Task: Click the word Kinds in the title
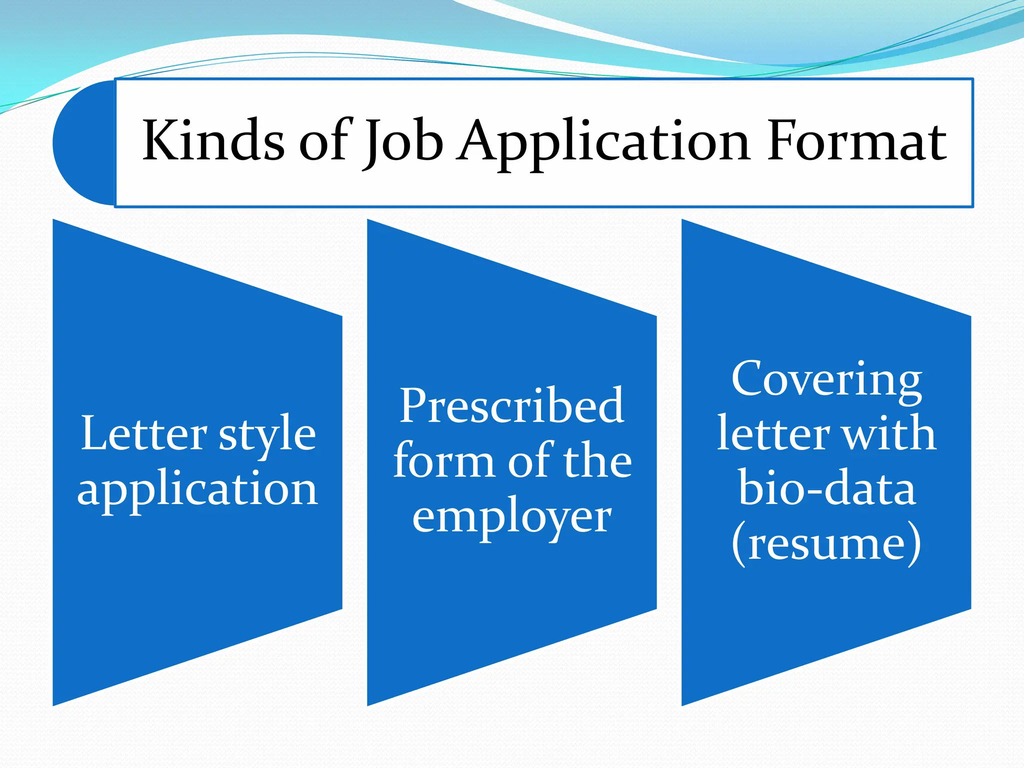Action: coord(213,141)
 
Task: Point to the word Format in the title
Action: coord(856,141)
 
